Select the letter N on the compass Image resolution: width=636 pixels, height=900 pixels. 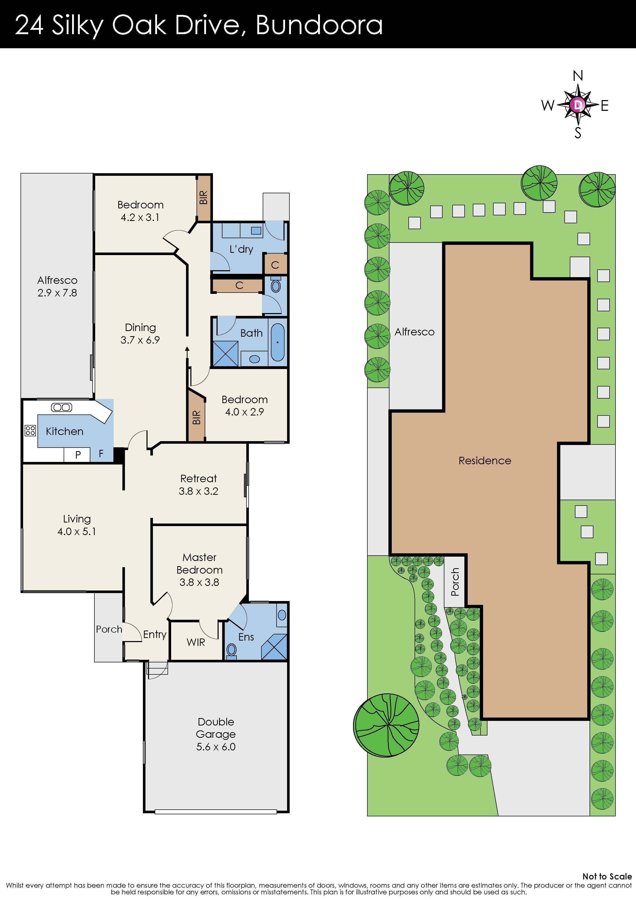tap(578, 76)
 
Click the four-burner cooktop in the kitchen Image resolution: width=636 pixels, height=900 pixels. tap(30, 431)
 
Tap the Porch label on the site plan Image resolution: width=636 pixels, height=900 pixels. tap(455, 582)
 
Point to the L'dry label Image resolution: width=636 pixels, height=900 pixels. tap(241, 249)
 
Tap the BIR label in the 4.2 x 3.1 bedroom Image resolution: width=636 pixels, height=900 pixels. tap(203, 197)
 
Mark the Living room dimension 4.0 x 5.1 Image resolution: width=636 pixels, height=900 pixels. tap(77, 531)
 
